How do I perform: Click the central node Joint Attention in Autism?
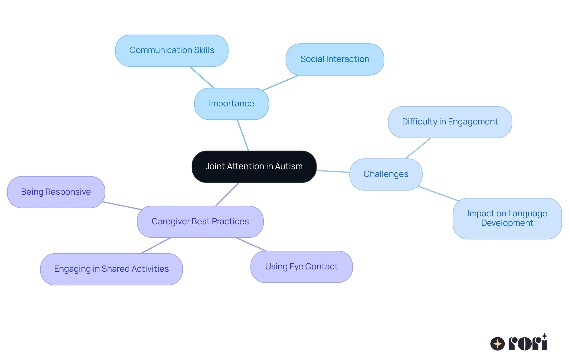(x=254, y=167)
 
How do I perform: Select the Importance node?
(x=231, y=104)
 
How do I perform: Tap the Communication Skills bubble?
(x=172, y=50)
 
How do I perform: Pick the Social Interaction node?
(x=335, y=59)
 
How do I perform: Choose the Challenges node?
(x=386, y=174)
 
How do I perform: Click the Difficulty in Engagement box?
(x=450, y=122)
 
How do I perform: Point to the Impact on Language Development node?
(x=507, y=218)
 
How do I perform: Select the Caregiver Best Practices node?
(x=200, y=222)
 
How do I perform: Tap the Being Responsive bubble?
(x=56, y=192)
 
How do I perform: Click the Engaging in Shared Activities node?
(x=111, y=269)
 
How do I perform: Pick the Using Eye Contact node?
(x=301, y=267)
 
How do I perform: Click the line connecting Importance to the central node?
(x=243, y=135)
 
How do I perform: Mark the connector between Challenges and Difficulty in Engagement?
(x=418, y=148)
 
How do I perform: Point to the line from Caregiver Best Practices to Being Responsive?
(x=122, y=206)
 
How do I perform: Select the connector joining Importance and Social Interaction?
(x=281, y=83)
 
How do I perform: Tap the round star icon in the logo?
(x=497, y=344)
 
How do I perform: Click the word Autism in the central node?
(x=289, y=167)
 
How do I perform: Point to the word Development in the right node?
(x=507, y=223)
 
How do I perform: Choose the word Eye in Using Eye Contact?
(x=296, y=267)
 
